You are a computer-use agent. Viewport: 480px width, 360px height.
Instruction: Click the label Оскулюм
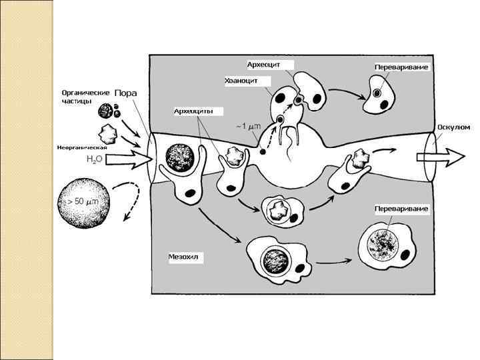[x=453, y=127]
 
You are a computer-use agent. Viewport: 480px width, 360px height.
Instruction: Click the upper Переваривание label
[x=401, y=68]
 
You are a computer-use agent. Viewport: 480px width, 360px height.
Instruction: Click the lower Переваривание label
[x=401, y=209]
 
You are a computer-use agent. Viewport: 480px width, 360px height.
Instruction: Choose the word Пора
[x=126, y=93]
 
